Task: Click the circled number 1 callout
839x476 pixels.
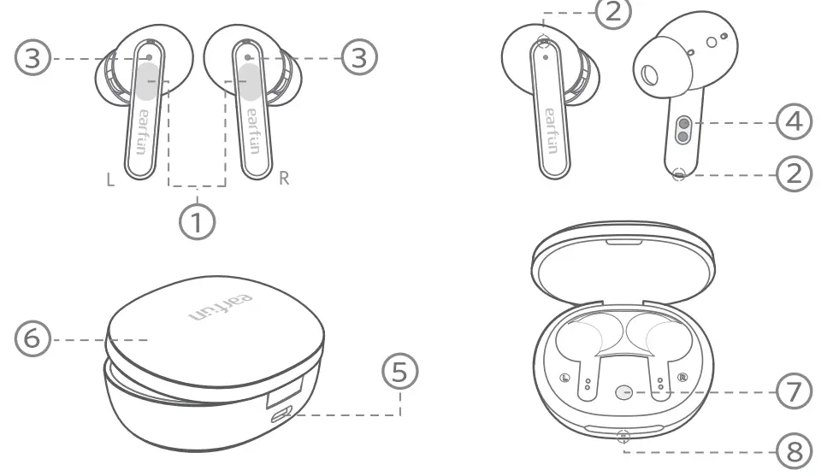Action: pyautogui.click(x=198, y=220)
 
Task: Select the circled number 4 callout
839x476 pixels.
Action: pyautogui.click(x=794, y=123)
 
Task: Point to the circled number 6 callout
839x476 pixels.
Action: pyautogui.click(x=32, y=340)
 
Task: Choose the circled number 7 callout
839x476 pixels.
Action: pyautogui.click(x=794, y=392)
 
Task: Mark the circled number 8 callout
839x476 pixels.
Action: pyautogui.click(x=794, y=450)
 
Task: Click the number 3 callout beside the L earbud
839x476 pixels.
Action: pyautogui.click(x=32, y=59)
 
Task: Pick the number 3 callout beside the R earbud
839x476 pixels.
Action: pyautogui.click(x=359, y=58)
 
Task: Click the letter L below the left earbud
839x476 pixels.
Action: pyautogui.click(x=109, y=179)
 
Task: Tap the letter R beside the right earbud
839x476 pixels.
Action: pyautogui.click(x=285, y=179)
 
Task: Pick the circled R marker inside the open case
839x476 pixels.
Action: pyautogui.click(x=682, y=378)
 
